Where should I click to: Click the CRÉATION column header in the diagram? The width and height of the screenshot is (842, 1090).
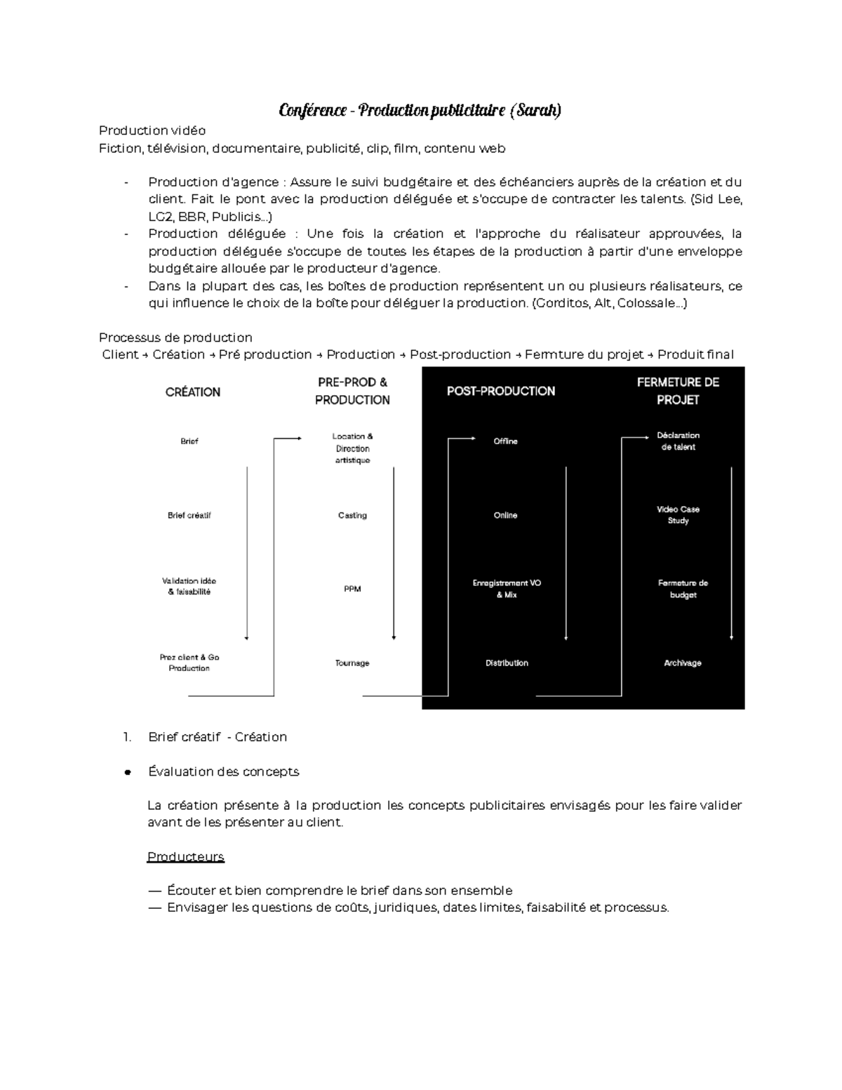point(193,392)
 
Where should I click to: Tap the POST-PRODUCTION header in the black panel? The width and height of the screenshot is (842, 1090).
point(501,391)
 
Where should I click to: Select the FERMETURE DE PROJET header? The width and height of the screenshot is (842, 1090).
point(678,391)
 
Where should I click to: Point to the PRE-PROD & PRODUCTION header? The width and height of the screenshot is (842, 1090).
point(352,391)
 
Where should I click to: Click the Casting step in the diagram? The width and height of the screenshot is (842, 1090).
point(352,515)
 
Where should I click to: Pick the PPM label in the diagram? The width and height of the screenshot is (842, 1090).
point(352,589)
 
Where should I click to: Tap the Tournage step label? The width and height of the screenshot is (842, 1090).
point(352,663)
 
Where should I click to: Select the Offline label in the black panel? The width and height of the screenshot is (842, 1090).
point(505,441)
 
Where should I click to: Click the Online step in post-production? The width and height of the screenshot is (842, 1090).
point(505,515)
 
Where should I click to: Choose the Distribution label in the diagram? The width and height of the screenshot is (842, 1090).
point(507,663)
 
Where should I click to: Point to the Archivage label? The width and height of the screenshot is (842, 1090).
point(682,663)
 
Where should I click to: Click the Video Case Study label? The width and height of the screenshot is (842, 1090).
point(678,514)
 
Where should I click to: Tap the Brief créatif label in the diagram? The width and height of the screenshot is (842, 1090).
point(189,515)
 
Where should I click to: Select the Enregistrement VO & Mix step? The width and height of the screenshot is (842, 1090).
point(507,588)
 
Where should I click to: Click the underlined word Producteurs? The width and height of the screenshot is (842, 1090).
point(186,856)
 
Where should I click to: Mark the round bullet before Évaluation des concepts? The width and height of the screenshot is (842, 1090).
point(128,772)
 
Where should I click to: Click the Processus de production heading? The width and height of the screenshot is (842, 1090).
point(175,337)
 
